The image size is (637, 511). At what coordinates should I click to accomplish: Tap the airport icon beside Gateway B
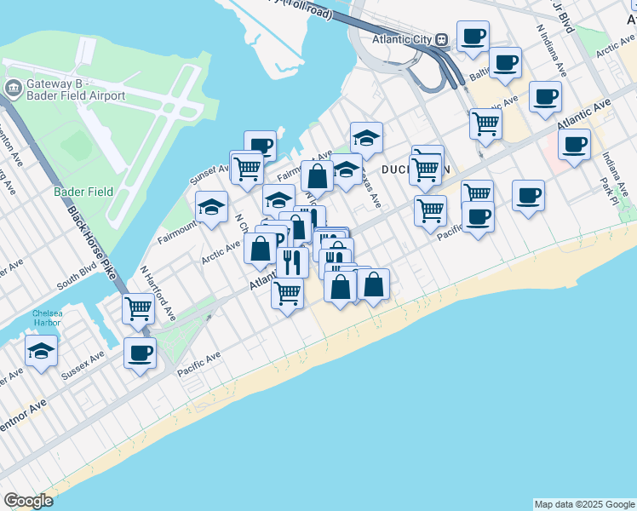(14, 89)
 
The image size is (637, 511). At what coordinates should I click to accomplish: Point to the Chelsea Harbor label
(48, 319)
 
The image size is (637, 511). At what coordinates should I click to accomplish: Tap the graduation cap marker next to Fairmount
(211, 205)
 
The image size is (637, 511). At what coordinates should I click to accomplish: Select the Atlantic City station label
(403, 40)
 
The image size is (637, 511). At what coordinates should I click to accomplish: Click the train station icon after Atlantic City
(442, 40)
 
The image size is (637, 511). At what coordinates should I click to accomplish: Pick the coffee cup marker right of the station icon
(473, 36)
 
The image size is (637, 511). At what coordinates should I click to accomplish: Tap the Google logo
(28, 501)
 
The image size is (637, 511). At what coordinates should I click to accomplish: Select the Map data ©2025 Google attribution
(584, 504)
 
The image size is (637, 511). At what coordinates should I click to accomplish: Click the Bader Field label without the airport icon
(77, 192)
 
